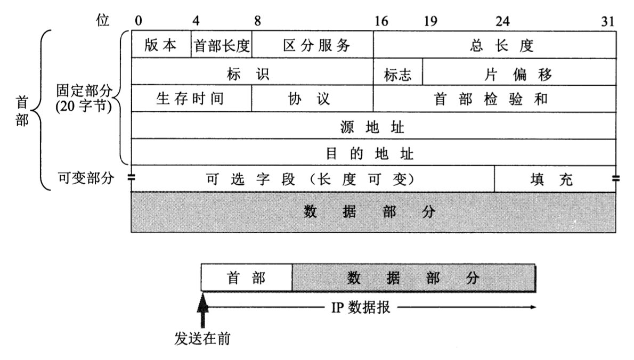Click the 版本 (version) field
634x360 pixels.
click(161, 44)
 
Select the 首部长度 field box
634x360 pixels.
click(222, 44)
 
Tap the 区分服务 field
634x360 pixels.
click(313, 44)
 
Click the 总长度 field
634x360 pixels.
click(495, 44)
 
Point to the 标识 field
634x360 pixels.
click(253, 72)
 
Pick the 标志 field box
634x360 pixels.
click(398, 72)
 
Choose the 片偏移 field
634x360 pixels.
click(519, 72)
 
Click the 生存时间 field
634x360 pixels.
click(191, 98)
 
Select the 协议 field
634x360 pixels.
click(313, 98)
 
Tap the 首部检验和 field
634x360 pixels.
click(495, 98)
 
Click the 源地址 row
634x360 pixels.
click(373, 126)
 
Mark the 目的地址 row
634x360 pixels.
click(373, 152)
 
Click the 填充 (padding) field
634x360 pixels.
click(555, 178)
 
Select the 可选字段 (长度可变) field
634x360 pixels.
click(313, 178)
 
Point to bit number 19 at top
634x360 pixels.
click(430, 21)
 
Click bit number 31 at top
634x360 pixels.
click(608, 21)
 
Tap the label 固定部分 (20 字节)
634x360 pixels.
click(84, 98)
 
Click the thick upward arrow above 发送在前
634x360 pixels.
click(202, 310)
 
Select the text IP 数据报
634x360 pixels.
click(361, 307)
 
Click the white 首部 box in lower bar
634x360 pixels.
click(246, 277)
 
